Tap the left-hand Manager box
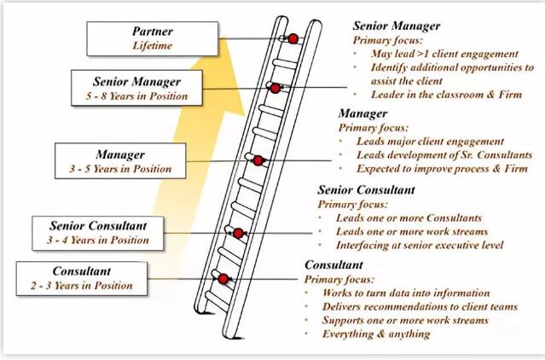tap(120, 161)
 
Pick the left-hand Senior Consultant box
tap(99, 232)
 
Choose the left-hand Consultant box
tap(80, 278)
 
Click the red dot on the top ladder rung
tap(292, 38)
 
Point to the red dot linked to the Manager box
tap(257, 160)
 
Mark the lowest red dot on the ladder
tap(223, 278)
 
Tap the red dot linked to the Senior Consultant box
tap(239, 233)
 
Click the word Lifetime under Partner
tap(153, 44)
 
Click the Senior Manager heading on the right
tap(397, 26)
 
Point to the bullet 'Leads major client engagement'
tap(432, 142)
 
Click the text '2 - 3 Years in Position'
tap(80, 286)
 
